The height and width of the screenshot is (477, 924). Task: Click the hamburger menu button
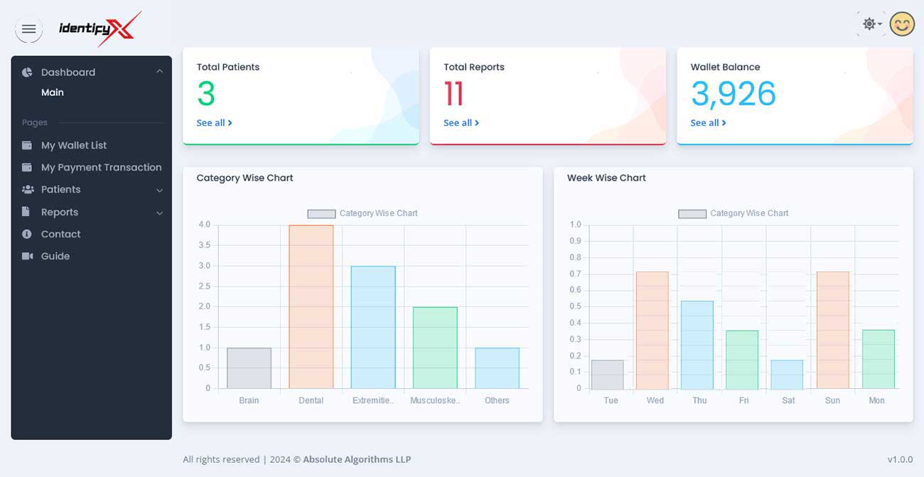(x=28, y=29)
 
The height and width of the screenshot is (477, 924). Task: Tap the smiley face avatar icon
(x=902, y=24)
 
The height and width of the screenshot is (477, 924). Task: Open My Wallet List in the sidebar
(x=74, y=145)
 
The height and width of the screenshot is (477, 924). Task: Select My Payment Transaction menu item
(x=101, y=167)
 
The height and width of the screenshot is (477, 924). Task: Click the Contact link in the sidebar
(x=60, y=234)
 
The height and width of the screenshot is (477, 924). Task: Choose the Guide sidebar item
(x=55, y=256)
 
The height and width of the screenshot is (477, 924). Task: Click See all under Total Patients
(x=214, y=123)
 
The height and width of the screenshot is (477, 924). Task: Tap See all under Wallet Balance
(x=708, y=123)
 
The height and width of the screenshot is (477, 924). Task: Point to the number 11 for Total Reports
(x=453, y=94)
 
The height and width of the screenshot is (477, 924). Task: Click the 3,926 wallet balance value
(x=733, y=94)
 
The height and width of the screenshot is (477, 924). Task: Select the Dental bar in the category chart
(x=311, y=306)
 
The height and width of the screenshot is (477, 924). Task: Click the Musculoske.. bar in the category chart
(x=434, y=348)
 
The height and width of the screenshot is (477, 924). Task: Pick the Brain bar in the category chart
(x=249, y=368)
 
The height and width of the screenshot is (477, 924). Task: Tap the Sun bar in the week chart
(x=832, y=330)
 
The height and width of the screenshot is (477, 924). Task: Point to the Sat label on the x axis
(x=788, y=401)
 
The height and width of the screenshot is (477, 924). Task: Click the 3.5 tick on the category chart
(x=204, y=245)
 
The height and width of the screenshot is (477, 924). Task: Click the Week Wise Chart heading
(x=606, y=178)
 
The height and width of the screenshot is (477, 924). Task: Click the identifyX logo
(x=100, y=29)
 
